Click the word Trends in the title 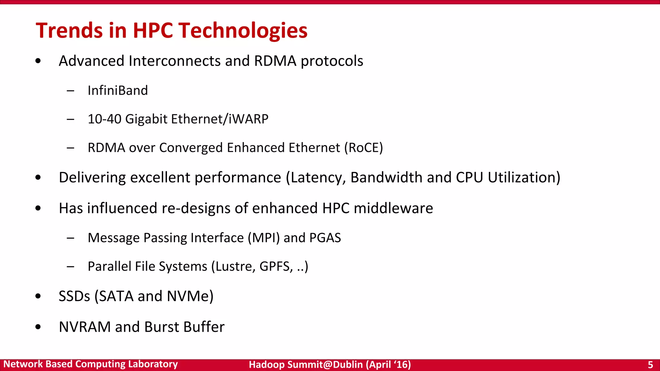pyautogui.click(x=69, y=31)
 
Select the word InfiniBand pyautogui.click(x=118, y=90)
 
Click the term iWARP pyautogui.click(x=248, y=119)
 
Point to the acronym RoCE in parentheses pyautogui.click(x=364, y=147)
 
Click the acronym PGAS pyautogui.click(x=325, y=238)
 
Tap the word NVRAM pyautogui.click(x=85, y=327)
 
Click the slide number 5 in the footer pyautogui.click(x=650, y=365)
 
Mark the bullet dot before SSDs pyautogui.click(x=38, y=296)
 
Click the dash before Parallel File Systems pyautogui.click(x=71, y=267)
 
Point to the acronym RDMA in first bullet pyautogui.click(x=275, y=61)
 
